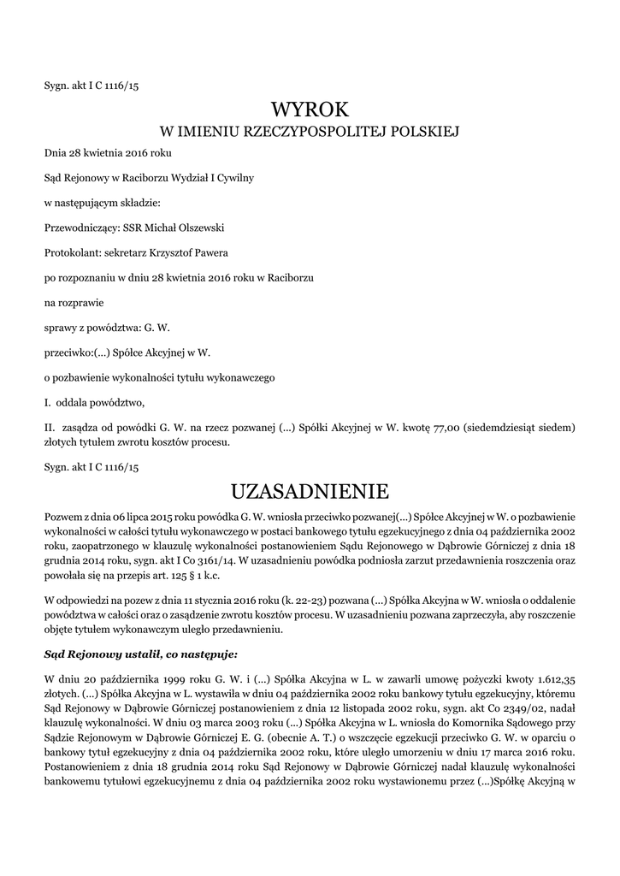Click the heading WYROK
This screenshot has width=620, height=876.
coord(310,109)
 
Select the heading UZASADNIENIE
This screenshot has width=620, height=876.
coord(310,492)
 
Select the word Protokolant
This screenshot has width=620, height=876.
coord(71,252)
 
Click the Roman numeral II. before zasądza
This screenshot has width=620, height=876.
coord(50,426)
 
